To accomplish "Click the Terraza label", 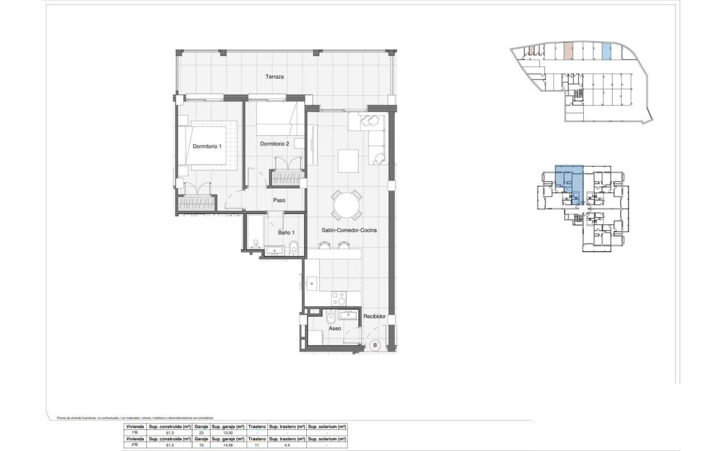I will pyautogui.click(x=276, y=76).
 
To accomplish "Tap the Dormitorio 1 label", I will pyautogui.click(x=207, y=147).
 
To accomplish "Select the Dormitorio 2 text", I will pyautogui.click(x=274, y=144).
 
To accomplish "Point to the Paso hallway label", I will pyautogui.click(x=279, y=200).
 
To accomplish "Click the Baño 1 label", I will pyautogui.click(x=285, y=232).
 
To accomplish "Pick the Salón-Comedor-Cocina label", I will pyautogui.click(x=349, y=230).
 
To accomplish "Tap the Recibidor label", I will pyautogui.click(x=374, y=317).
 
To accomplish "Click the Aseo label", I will pyautogui.click(x=335, y=328).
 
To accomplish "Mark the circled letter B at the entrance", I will pyautogui.click(x=375, y=345).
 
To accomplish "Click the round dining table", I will pyautogui.click(x=346, y=205).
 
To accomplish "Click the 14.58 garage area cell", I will pyautogui.click(x=228, y=445).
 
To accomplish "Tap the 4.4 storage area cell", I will pyautogui.click(x=287, y=445).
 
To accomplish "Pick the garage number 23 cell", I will pyautogui.click(x=201, y=433).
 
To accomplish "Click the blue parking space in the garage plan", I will pyautogui.click(x=606, y=52).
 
